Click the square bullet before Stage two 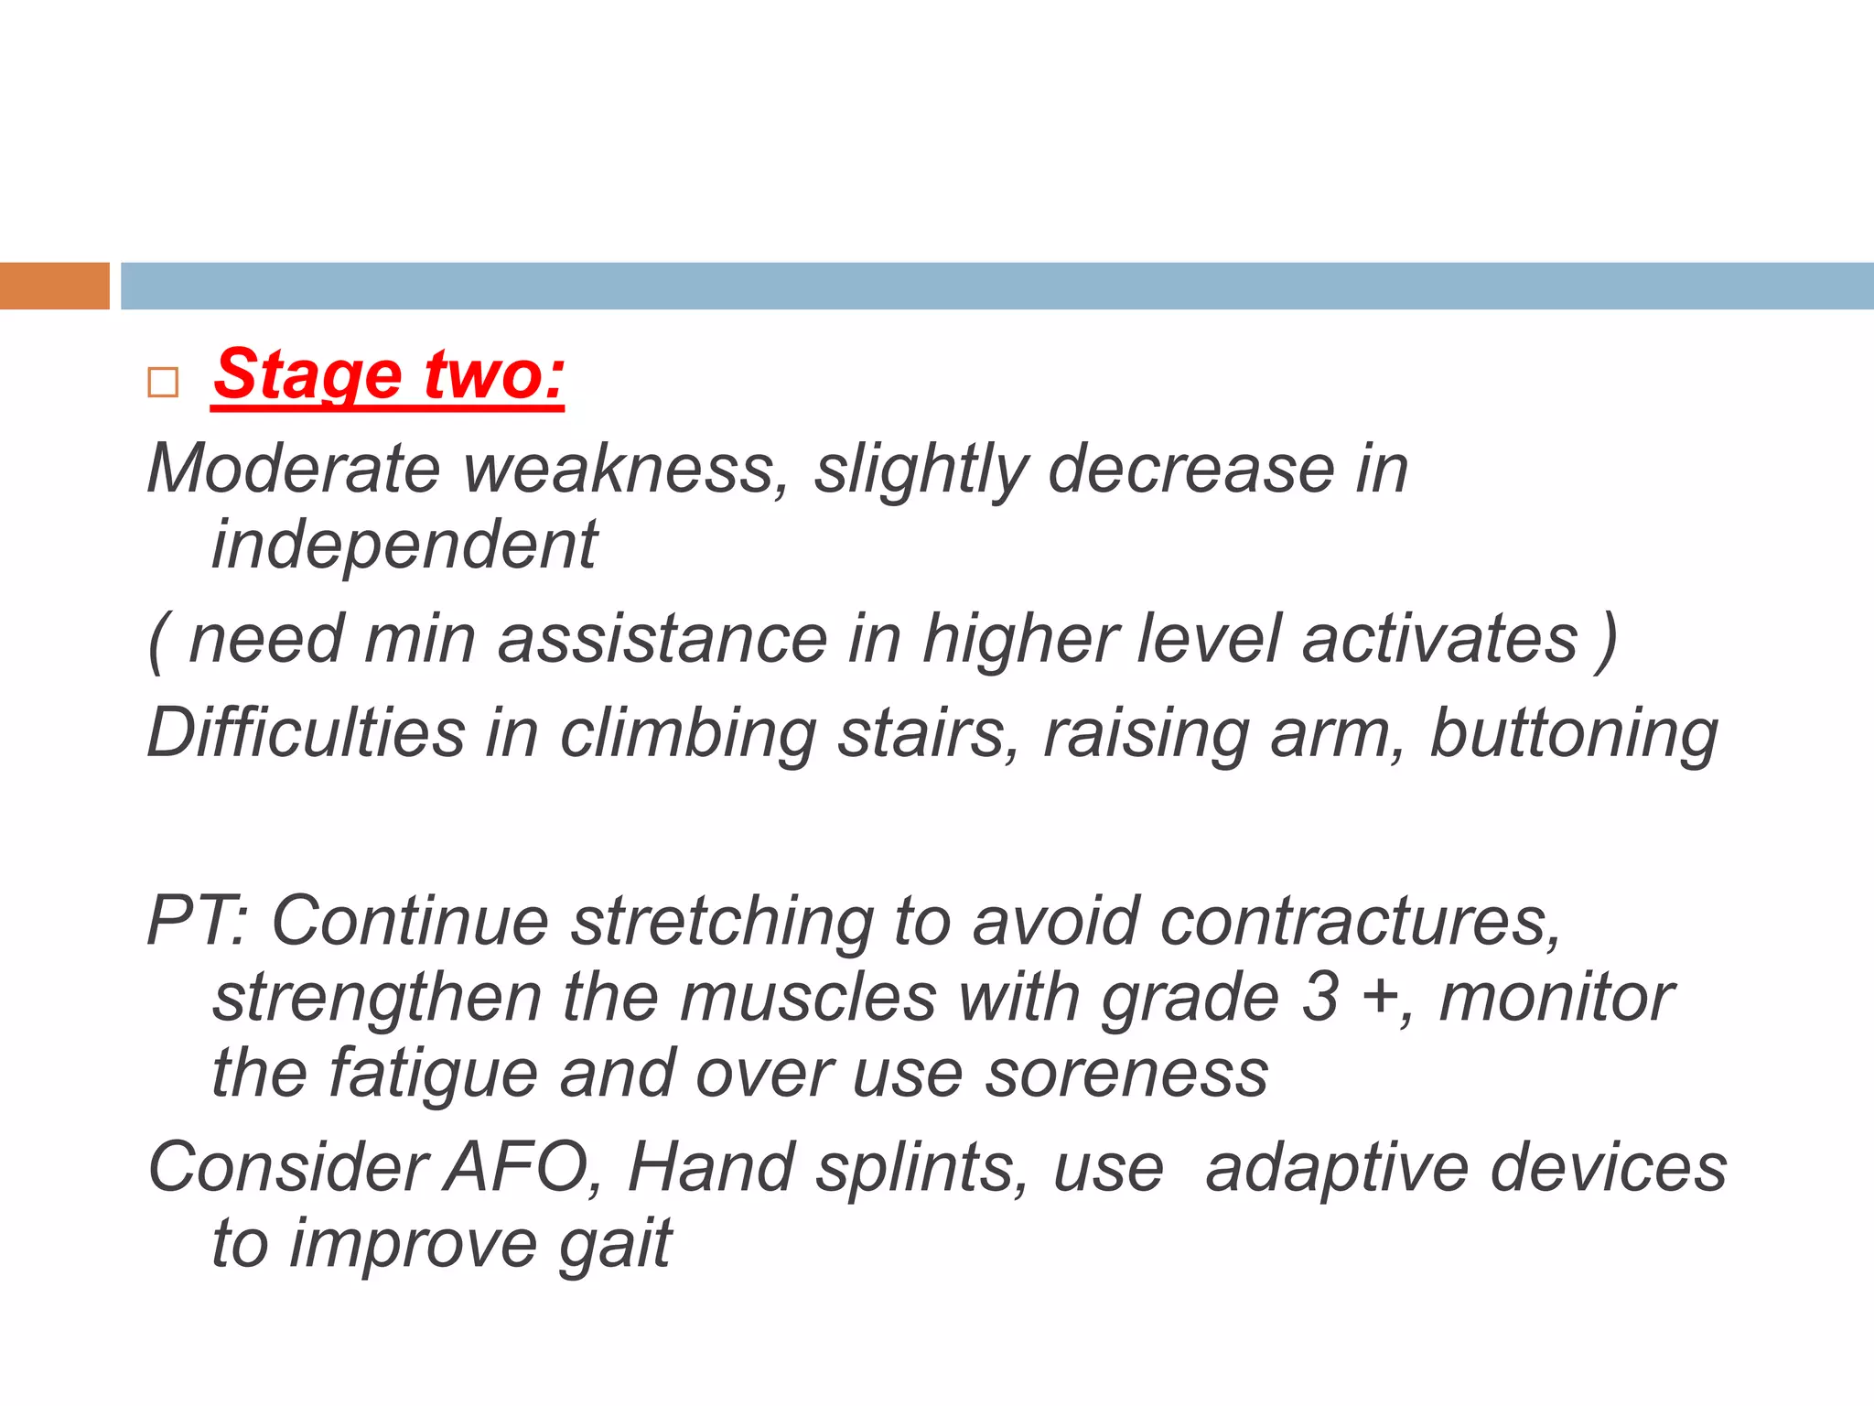click(163, 382)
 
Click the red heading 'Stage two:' click(389, 374)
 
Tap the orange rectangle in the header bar click(54, 286)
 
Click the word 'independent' click(404, 545)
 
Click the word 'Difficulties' click(307, 733)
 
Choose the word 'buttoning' click(1574, 733)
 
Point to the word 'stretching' click(722, 921)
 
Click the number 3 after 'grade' click(1320, 997)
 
